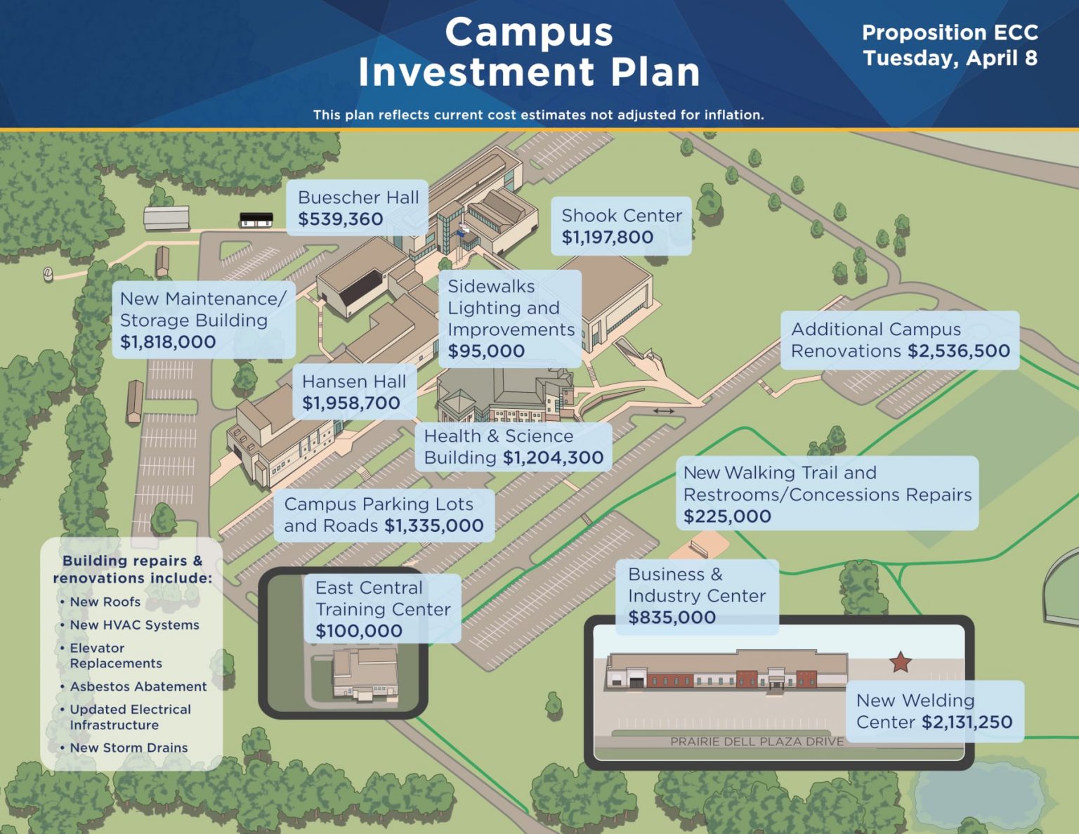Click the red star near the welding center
tap(901, 662)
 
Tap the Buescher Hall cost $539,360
tap(341, 219)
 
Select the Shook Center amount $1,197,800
tap(607, 237)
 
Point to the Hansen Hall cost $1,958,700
tap(351, 403)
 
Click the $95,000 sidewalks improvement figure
tap(486, 351)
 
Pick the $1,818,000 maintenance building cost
tap(168, 341)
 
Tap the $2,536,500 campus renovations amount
tap(959, 351)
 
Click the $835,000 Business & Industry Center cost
tap(672, 617)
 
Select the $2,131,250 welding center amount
tap(967, 722)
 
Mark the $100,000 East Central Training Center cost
tap(359, 630)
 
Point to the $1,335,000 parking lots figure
tap(434, 526)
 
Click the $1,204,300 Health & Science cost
tap(553, 457)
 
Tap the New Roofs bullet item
tap(105, 601)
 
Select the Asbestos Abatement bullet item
tap(138, 686)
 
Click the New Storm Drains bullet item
tap(129, 747)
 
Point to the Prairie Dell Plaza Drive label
tap(757, 742)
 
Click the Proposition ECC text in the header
tap(950, 33)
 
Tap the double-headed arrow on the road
tap(663, 411)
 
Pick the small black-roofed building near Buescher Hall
tap(256, 219)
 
